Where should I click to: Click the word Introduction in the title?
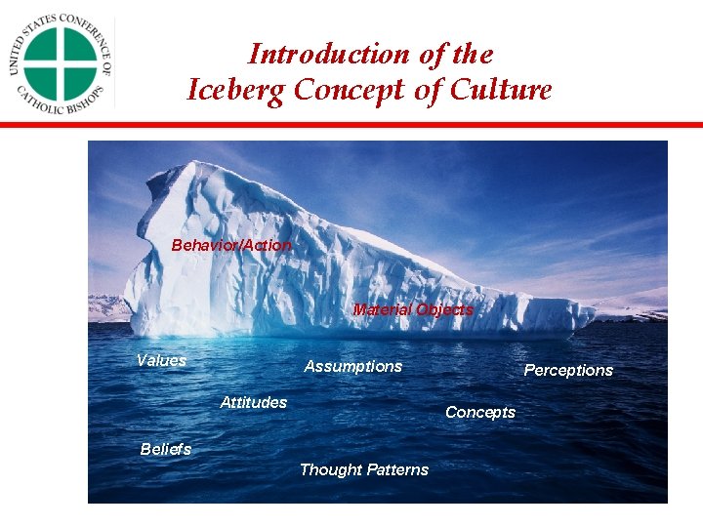328,54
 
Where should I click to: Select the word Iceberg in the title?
235,90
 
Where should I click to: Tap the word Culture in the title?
500,90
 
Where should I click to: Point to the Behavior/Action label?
231,245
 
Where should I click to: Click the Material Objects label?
413,309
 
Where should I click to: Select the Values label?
161,360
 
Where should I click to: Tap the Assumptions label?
353,366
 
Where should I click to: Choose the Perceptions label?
568,370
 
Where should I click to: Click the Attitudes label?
254,402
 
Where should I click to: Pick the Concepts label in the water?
480,412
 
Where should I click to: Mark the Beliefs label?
166,449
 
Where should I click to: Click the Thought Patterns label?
364,469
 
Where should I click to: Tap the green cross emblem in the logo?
61,63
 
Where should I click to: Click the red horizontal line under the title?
351,125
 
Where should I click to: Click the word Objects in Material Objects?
444,309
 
